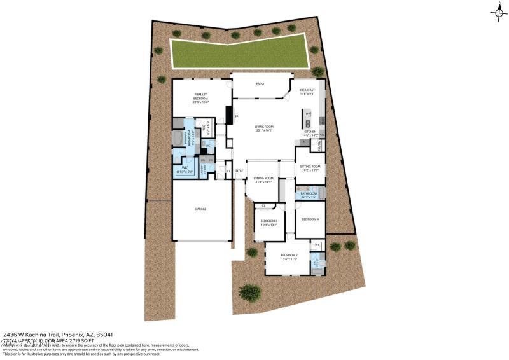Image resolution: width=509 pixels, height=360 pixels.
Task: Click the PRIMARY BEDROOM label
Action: tap(201, 97)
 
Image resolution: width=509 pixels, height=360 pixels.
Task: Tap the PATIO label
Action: tap(260, 83)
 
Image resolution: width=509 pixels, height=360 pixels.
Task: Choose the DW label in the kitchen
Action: tap(308, 114)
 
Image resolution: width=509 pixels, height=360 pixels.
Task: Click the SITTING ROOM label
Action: tap(310, 168)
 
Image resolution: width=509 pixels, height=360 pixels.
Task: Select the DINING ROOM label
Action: tap(263, 180)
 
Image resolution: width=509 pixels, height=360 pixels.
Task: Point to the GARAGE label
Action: tap(200, 209)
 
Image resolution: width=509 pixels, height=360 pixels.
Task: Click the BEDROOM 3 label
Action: tap(268, 222)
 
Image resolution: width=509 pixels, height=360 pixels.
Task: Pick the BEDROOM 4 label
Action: tap(310, 219)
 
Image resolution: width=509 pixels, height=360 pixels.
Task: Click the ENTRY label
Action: tap(239, 170)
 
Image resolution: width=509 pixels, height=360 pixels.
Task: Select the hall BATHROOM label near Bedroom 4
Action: tap(309, 194)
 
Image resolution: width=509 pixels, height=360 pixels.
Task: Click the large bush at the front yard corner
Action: tap(250, 292)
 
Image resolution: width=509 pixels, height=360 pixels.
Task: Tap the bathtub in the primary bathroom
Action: tap(177, 140)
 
